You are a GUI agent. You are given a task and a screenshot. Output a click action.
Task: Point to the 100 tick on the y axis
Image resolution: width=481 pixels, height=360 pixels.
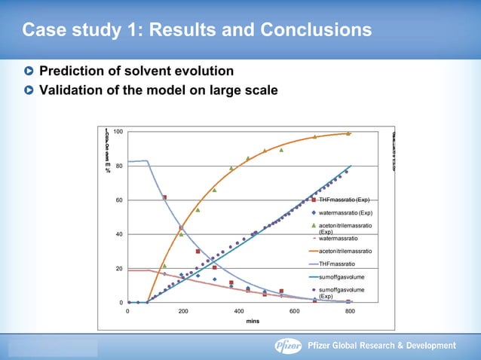pos(118,133)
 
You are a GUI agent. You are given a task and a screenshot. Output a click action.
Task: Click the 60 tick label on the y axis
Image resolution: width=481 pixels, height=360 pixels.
pos(118,200)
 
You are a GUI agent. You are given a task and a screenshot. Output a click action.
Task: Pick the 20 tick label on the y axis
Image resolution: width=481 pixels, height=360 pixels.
pos(118,269)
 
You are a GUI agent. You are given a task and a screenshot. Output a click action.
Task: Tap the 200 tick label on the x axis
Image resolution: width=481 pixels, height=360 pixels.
pos(183,310)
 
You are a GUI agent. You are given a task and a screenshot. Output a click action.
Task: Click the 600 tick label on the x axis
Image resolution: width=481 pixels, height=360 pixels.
pos(294,310)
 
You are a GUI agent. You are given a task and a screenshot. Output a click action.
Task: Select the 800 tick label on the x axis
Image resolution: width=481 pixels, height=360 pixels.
pos(350,310)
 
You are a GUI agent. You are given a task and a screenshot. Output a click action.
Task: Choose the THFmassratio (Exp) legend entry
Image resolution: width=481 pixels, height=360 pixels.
pos(344,200)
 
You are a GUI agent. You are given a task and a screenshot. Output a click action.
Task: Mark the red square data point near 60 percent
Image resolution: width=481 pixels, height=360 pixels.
pos(164,197)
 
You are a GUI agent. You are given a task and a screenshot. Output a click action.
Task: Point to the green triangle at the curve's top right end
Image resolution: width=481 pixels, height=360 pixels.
pos(348,133)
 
